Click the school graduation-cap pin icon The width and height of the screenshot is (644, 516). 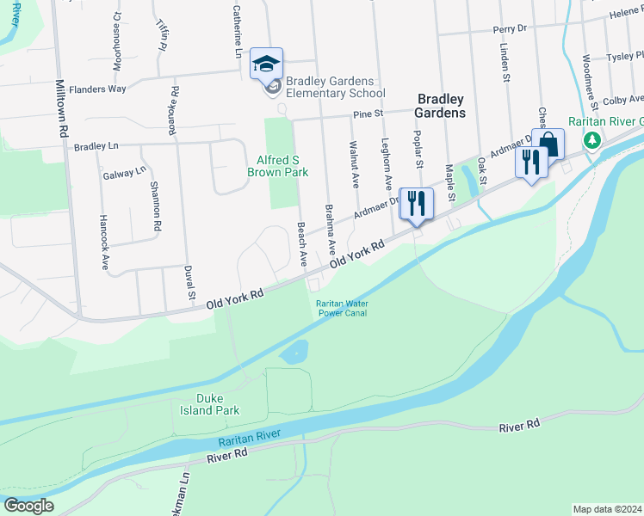coord(267,63)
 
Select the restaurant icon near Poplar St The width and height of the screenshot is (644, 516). coord(416,203)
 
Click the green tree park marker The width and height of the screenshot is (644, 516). coord(591,140)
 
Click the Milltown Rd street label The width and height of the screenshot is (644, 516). coord(61,109)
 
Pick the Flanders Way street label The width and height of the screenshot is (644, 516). coord(97,89)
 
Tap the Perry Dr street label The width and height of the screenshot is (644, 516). coord(509,28)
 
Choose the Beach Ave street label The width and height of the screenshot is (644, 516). coord(302,244)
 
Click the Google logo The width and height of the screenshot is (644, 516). coord(28,506)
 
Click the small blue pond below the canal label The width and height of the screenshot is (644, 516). coord(294,351)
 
